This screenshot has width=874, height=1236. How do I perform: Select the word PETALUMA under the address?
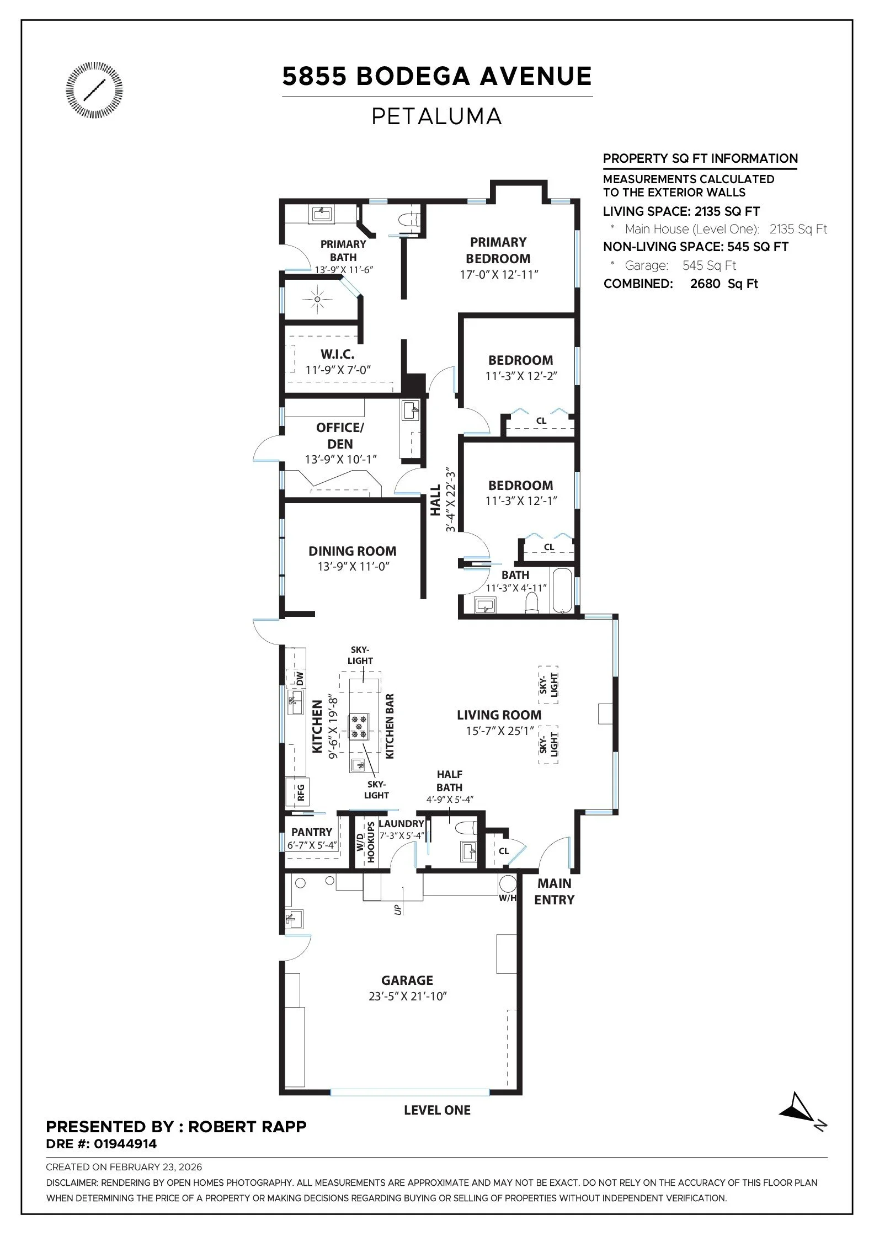pyautogui.click(x=436, y=116)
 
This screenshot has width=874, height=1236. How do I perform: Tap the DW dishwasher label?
pyautogui.click(x=300, y=678)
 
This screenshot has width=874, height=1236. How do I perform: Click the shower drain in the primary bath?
pyautogui.click(x=317, y=299)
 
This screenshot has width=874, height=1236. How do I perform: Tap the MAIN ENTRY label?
pyautogui.click(x=554, y=891)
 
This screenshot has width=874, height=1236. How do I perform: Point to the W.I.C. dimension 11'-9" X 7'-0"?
pyautogui.click(x=338, y=370)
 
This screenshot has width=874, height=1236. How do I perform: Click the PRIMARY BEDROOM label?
pyautogui.click(x=498, y=250)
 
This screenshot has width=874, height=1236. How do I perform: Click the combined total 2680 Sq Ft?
pyautogui.click(x=724, y=284)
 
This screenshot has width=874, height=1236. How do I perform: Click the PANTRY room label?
pyautogui.click(x=312, y=832)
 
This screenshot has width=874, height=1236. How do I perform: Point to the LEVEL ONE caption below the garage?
pyautogui.click(x=437, y=1110)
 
